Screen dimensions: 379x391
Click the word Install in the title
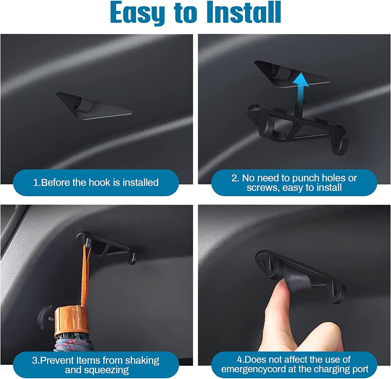point(242,13)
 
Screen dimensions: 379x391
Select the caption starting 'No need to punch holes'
point(294,183)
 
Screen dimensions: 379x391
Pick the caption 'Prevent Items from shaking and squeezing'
point(96,365)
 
